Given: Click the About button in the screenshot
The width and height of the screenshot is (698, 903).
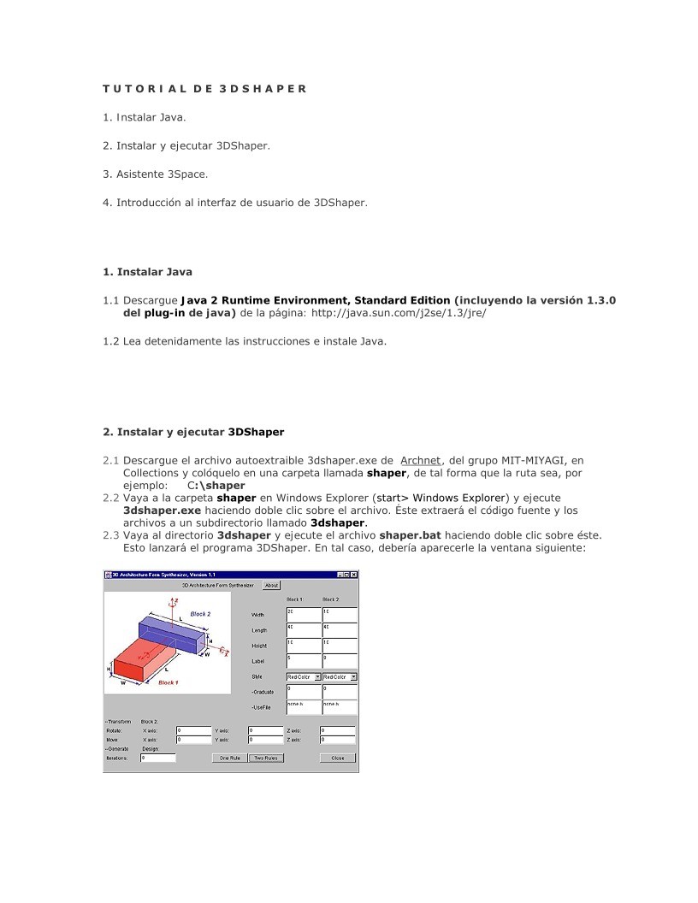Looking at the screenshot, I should pyautogui.click(x=271, y=586).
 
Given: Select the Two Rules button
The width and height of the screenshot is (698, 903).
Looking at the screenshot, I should pyautogui.click(x=266, y=758).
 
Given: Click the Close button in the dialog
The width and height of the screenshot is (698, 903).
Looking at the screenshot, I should pyautogui.click(x=338, y=758).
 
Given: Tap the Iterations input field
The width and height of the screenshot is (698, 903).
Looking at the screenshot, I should pyautogui.click(x=158, y=758).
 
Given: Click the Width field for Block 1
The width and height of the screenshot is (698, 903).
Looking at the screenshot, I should pyautogui.click(x=303, y=615).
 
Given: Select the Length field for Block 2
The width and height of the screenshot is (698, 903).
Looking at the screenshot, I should pyautogui.click(x=340, y=630).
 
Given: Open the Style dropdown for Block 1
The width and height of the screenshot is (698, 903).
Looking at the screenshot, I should pyautogui.click(x=303, y=676).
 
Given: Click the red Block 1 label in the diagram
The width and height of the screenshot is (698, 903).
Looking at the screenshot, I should pyautogui.click(x=169, y=682).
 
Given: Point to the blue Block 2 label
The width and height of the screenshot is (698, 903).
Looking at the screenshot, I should pyautogui.click(x=200, y=614).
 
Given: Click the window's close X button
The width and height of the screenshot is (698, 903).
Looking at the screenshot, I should pyautogui.click(x=354, y=575).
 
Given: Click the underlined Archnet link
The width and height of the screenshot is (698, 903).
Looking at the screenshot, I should pyautogui.click(x=420, y=460).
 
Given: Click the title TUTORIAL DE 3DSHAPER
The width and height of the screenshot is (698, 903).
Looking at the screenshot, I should pyautogui.click(x=204, y=88).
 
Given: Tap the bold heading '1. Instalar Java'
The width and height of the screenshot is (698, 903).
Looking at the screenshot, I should pyautogui.click(x=147, y=272).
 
